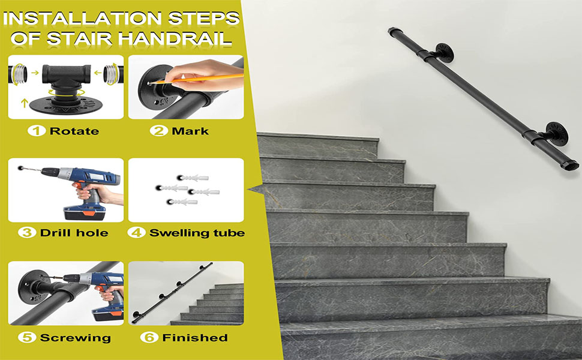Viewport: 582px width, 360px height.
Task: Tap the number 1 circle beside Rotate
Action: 39,130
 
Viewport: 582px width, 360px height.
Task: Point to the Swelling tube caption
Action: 197,232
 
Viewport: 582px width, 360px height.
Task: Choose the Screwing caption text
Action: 75,338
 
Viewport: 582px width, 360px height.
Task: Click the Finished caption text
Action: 194,338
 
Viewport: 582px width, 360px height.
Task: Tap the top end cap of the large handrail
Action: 394,31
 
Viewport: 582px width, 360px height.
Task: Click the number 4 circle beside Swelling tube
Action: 137,232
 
